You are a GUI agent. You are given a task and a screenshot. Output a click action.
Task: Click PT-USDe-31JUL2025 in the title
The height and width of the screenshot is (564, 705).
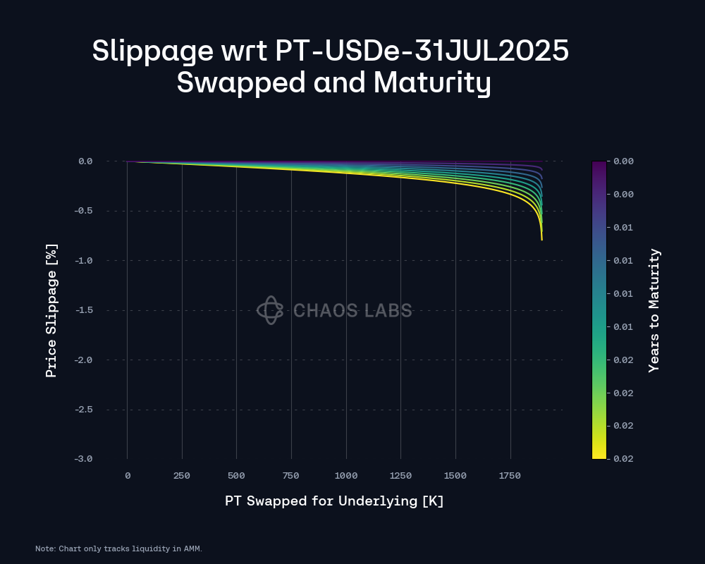420,51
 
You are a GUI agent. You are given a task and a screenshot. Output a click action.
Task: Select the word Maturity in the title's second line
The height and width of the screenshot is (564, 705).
431,83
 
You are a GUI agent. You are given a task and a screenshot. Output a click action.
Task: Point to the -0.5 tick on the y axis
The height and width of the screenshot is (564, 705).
85,211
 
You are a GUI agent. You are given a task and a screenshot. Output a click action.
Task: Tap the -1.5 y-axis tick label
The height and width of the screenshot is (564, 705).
85,310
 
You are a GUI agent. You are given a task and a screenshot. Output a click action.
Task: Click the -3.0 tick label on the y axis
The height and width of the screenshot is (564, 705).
85,459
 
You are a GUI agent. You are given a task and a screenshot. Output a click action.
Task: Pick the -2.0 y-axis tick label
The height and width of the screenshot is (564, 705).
85,360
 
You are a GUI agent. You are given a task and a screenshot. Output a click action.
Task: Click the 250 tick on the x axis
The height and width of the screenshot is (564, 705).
182,476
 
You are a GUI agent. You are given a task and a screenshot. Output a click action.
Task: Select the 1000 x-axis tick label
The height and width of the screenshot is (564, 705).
345,476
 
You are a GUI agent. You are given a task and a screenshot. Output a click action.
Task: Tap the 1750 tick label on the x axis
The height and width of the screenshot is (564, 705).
510,476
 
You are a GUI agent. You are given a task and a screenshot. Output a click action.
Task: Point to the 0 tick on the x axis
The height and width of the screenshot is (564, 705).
128,476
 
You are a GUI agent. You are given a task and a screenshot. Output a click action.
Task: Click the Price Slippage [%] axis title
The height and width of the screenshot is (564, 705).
51,310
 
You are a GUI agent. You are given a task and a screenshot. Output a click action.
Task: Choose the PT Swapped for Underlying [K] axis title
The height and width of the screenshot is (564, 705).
334,501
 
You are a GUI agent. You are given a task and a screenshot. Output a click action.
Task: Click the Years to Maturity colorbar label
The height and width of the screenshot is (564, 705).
654,310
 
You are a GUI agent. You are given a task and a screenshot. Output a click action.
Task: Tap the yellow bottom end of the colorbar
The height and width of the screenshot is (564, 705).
599,454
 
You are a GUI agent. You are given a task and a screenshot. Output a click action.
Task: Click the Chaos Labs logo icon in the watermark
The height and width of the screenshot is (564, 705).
270,310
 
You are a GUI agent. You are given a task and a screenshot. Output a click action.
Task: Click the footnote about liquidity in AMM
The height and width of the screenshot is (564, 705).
118,548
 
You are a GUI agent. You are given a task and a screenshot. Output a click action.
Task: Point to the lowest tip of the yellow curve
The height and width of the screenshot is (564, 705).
541,240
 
